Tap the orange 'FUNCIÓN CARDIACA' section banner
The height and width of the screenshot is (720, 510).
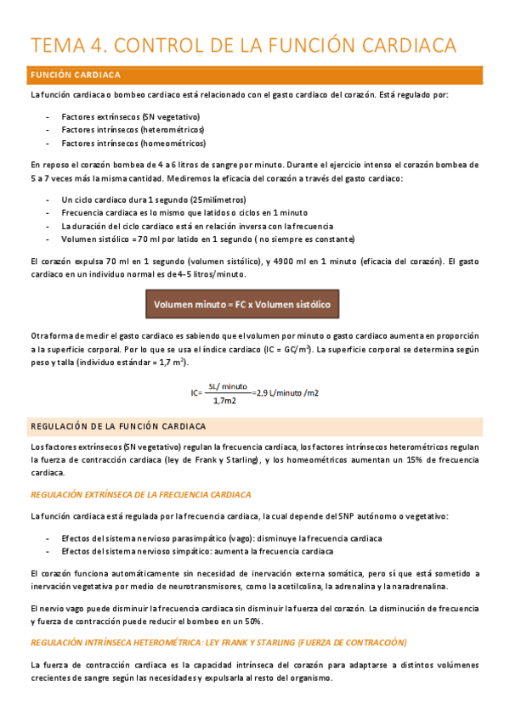[255, 75]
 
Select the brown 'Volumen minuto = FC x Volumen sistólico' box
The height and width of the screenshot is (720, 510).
[246, 304]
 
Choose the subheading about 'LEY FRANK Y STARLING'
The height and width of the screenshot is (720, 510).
[218, 641]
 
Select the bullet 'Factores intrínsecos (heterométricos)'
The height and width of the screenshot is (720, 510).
[133, 129]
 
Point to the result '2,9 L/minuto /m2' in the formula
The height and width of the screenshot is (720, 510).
[288, 391]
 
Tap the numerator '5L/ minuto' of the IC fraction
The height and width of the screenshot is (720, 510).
[226, 385]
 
